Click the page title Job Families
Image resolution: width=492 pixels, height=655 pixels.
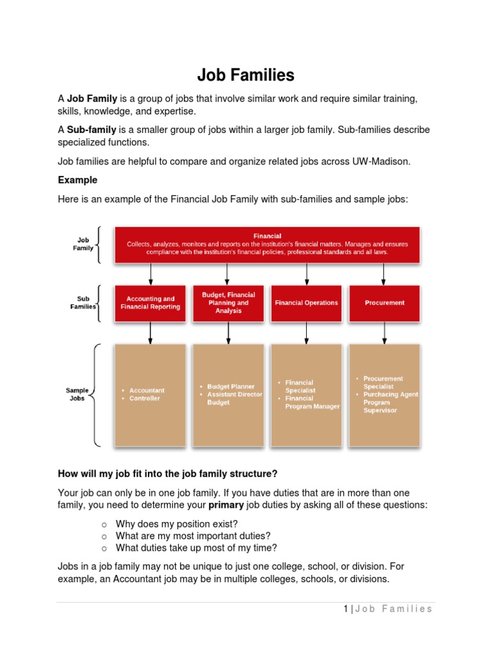pos(245,75)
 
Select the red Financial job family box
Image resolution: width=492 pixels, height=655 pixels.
pos(267,244)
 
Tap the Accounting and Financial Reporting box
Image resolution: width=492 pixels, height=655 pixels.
pos(151,303)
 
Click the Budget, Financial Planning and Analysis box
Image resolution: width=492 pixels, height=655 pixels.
pos(228,303)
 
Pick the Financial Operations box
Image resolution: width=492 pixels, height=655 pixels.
pos(306,303)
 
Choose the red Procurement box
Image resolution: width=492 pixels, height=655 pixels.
pos(384,303)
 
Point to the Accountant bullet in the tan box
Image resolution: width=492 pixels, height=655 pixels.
pos(147,390)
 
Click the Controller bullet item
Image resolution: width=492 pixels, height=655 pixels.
pos(145,399)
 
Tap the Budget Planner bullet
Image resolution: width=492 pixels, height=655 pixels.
pos(231,386)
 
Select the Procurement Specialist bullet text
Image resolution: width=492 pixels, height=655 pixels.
pos(383,383)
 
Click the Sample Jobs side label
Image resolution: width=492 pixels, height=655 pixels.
pos(77,394)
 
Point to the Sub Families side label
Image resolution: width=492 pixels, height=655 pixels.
pos(83,303)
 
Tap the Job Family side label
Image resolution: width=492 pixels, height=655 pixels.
pos(83,244)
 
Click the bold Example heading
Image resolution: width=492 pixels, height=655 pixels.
pos(78,180)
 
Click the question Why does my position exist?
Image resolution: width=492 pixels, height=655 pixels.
pos(177,524)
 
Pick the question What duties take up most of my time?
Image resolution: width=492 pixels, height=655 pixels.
pos(196,548)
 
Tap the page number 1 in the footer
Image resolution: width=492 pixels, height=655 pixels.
pos(345,608)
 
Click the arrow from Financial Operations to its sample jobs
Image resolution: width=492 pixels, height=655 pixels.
pos(306,331)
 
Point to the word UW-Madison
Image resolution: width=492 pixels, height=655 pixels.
pos(381,162)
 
